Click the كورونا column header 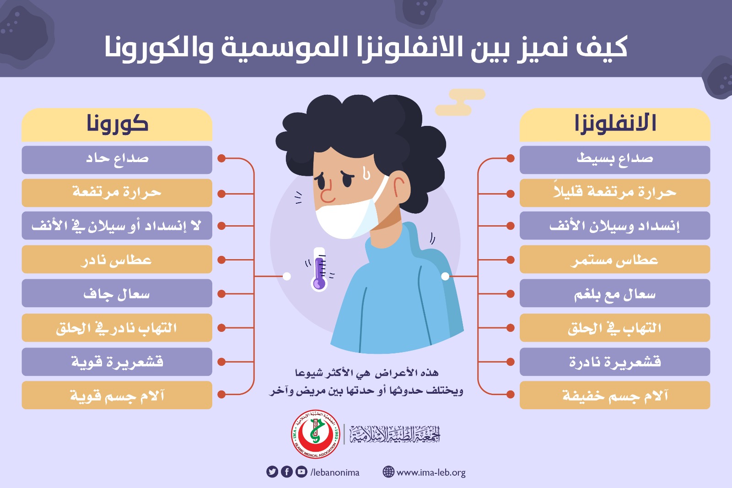[x=117, y=125]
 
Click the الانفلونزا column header [x=615, y=125]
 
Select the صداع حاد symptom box [x=117, y=160]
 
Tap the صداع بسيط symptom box [x=615, y=160]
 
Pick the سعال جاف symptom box [x=117, y=293]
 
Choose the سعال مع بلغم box [x=615, y=293]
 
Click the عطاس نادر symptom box [x=117, y=260]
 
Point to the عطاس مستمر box [x=615, y=260]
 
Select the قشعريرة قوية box [x=117, y=362]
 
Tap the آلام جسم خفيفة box [x=615, y=395]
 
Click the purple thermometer [x=319, y=270]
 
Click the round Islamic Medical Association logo [x=316, y=434]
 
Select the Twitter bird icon [x=272, y=472]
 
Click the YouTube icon [x=301, y=472]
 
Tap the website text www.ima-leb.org [x=431, y=472]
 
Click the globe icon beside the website [x=388, y=472]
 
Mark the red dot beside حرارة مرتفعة [x=221, y=194]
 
